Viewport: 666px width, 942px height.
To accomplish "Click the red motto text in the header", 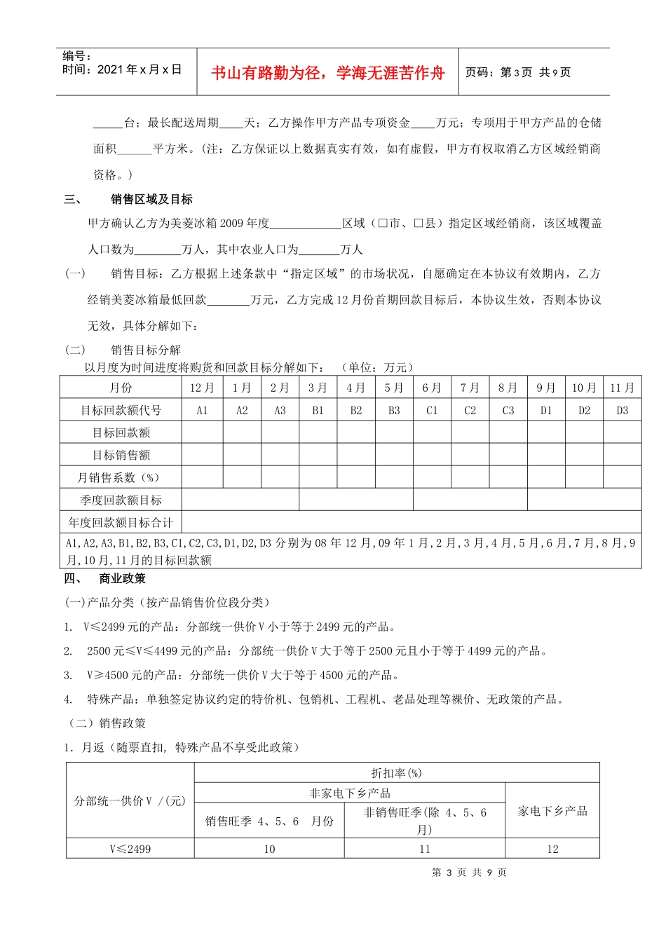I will click(x=327, y=73).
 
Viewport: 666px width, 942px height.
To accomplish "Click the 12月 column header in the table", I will click(x=202, y=388).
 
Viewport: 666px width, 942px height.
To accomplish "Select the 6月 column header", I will click(x=431, y=388).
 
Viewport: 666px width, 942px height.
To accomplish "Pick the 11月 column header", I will click(x=622, y=388).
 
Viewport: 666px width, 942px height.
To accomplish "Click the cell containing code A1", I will click(x=202, y=411).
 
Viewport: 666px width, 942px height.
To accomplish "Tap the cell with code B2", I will click(x=355, y=411).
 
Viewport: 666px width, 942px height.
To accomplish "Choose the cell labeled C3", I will click(x=508, y=411).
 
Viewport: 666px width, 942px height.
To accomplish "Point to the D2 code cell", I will click(x=584, y=411).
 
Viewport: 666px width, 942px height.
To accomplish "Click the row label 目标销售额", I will click(x=121, y=455).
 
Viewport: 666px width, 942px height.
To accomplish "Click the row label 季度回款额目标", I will click(x=121, y=500).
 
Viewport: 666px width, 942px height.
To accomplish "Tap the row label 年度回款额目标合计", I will click(x=121, y=522).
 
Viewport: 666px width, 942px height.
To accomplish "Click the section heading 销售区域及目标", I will click(x=151, y=200).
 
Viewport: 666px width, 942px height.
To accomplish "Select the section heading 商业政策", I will click(x=123, y=579).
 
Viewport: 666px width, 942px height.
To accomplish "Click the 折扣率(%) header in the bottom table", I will click(x=396, y=773).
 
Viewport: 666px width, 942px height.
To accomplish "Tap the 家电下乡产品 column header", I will click(x=552, y=811).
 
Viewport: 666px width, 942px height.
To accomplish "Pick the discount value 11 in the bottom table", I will click(x=425, y=849).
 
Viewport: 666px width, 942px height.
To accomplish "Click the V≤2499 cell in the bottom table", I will click(x=130, y=849).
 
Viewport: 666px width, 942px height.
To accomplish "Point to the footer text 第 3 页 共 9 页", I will click(x=469, y=873).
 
